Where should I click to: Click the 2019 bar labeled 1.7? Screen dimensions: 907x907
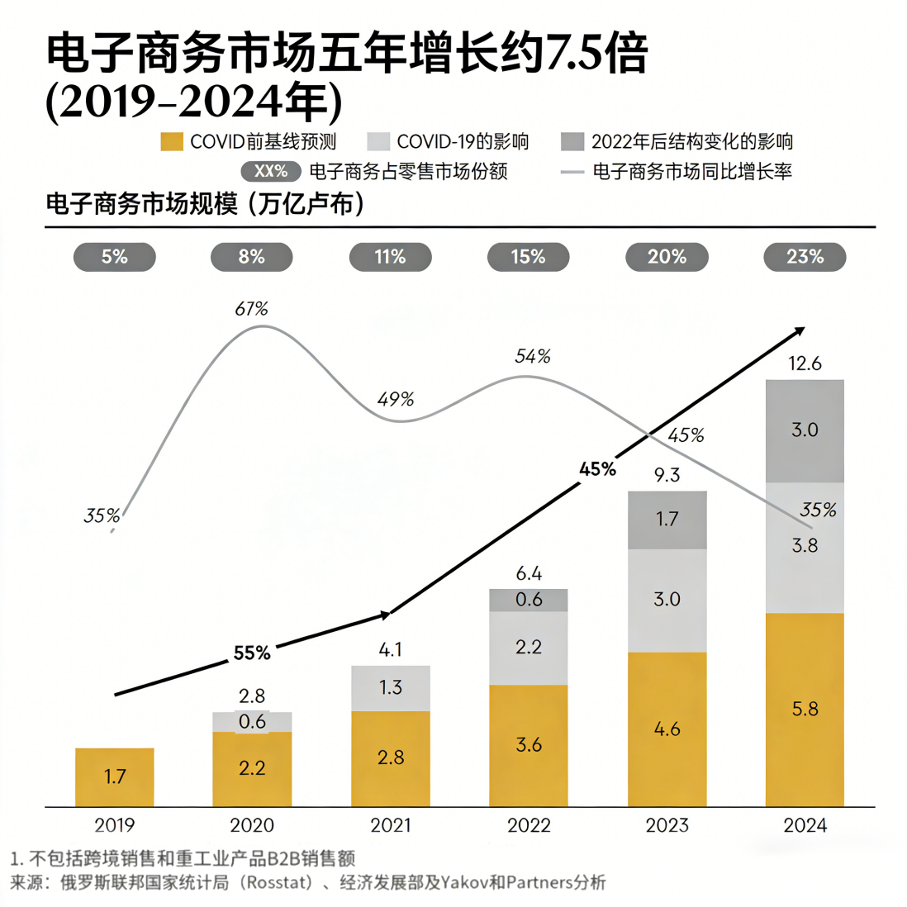pyautogui.click(x=115, y=776)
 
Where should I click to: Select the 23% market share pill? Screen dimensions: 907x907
pyautogui.click(x=805, y=257)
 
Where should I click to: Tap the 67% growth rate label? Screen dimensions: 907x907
pyautogui.click(x=252, y=309)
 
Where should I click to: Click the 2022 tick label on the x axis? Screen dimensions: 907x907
pyautogui.click(x=529, y=825)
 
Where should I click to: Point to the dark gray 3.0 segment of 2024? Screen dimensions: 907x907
pyautogui.click(x=805, y=430)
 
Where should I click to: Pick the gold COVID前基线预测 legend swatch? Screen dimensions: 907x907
pyautogui.click(x=172, y=142)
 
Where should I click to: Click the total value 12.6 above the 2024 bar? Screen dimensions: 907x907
pyautogui.click(x=805, y=363)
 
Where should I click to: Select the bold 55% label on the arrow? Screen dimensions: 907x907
pyautogui.click(x=252, y=653)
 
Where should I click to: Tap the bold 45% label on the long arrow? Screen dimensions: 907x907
pyautogui.click(x=597, y=469)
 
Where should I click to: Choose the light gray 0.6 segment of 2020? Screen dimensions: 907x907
pyautogui.click(x=252, y=722)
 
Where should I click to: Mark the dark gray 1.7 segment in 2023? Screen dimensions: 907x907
pyautogui.click(x=667, y=520)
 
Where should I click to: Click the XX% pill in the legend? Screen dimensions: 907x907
pyautogui.click(x=271, y=171)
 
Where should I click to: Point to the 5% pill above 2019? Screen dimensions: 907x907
pyautogui.click(x=115, y=257)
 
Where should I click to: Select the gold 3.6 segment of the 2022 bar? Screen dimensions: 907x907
pyautogui.click(x=529, y=745)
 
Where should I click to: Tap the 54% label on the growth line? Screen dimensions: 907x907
pyautogui.click(x=533, y=357)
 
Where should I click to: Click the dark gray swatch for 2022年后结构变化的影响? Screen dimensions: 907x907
pyautogui.click(x=572, y=142)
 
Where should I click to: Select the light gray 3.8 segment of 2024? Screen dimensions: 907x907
pyautogui.click(x=805, y=547)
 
